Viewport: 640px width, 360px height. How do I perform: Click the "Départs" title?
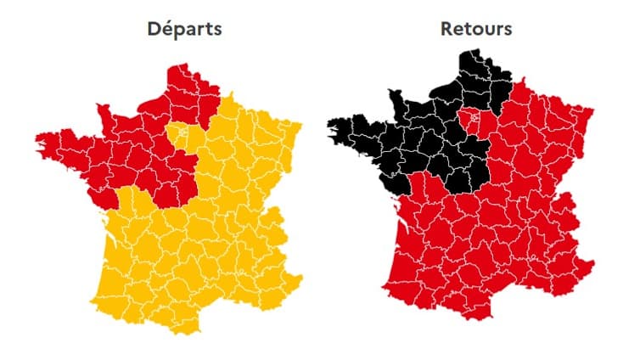point(183,29)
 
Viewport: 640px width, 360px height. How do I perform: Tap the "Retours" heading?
point(475,29)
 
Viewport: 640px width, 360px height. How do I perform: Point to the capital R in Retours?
point(446,29)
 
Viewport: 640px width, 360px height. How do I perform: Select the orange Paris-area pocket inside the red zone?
point(180,133)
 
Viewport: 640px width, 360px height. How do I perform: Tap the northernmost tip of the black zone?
point(469,53)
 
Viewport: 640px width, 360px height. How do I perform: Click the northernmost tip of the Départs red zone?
point(177,65)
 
